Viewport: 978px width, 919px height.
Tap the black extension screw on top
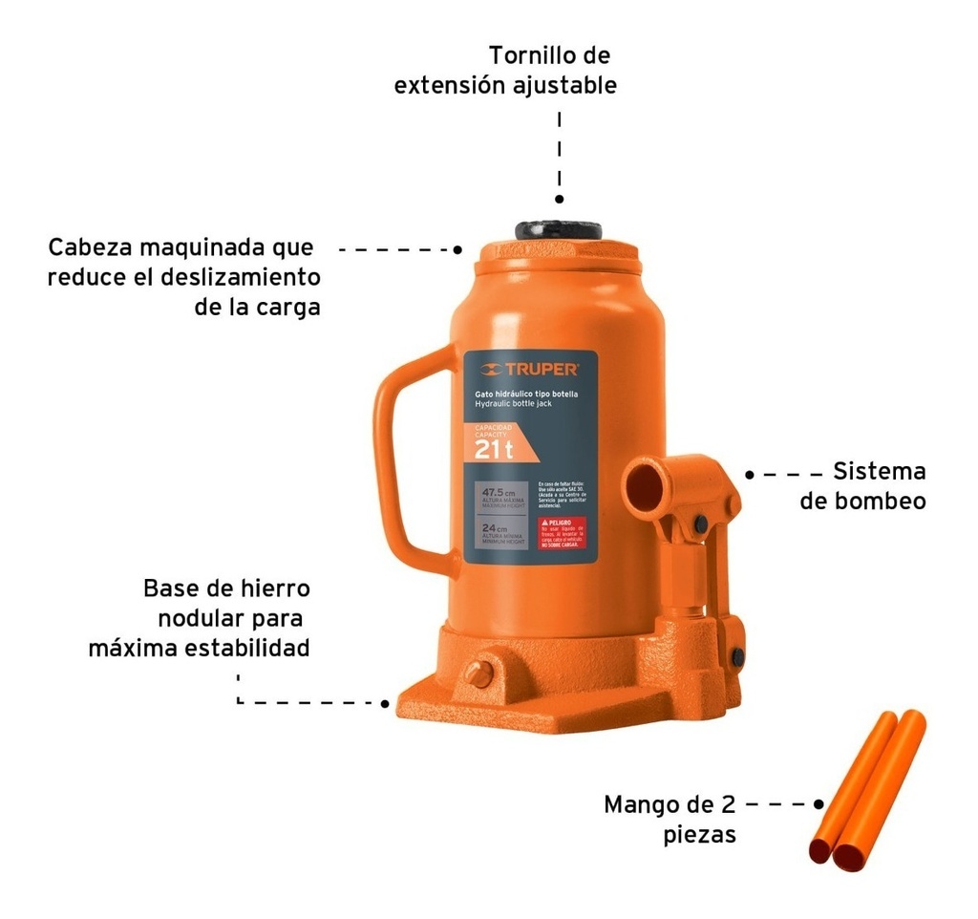[559, 230]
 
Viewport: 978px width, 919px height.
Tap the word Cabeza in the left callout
[92, 247]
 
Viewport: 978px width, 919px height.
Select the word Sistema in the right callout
[879, 471]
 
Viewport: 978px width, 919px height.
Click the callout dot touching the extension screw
[559, 200]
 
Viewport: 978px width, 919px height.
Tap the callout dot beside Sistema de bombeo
[751, 474]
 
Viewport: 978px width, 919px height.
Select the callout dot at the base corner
[385, 703]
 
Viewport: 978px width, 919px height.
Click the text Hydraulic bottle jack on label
[514, 404]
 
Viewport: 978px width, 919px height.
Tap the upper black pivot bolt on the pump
[700, 523]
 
